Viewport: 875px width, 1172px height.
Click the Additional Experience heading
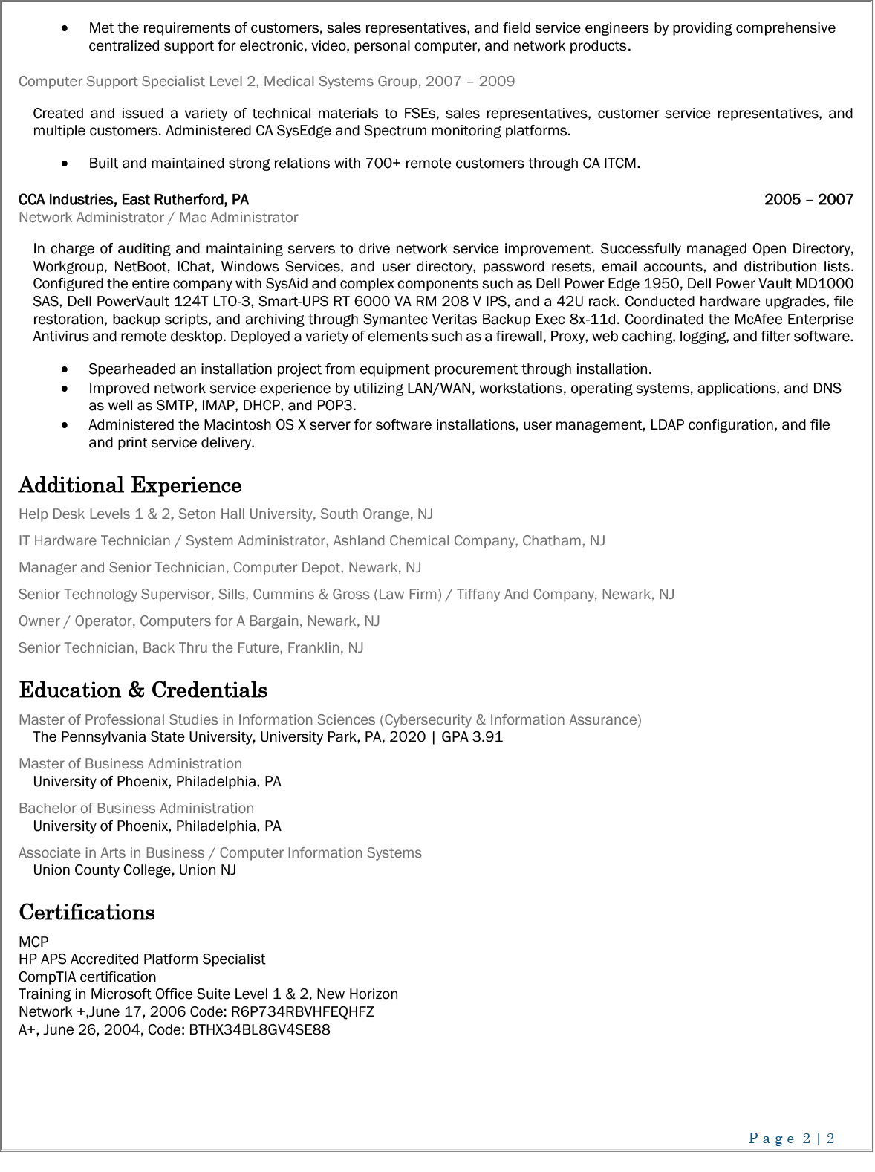(130, 485)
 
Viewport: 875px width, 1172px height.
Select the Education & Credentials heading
(143, 690)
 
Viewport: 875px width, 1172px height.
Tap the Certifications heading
(87, 913)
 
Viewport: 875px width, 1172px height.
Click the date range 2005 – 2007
(808, 200)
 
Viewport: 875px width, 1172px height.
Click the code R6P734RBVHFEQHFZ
(302, 1012)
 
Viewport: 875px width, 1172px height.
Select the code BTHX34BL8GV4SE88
(259, 1030)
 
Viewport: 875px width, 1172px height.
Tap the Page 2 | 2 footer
(791, 1139)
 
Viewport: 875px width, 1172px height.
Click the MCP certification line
(33, 942)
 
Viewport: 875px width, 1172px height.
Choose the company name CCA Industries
(66, 200)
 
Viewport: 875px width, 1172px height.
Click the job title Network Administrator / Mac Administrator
(158, 218)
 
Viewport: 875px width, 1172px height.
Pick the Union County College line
(134, 870)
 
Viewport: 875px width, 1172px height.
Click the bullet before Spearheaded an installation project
(67, 369)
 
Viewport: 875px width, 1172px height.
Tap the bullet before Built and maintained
(67, 164)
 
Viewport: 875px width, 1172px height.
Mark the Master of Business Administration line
(130, 764)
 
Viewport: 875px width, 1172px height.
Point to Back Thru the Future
(212, 648)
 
